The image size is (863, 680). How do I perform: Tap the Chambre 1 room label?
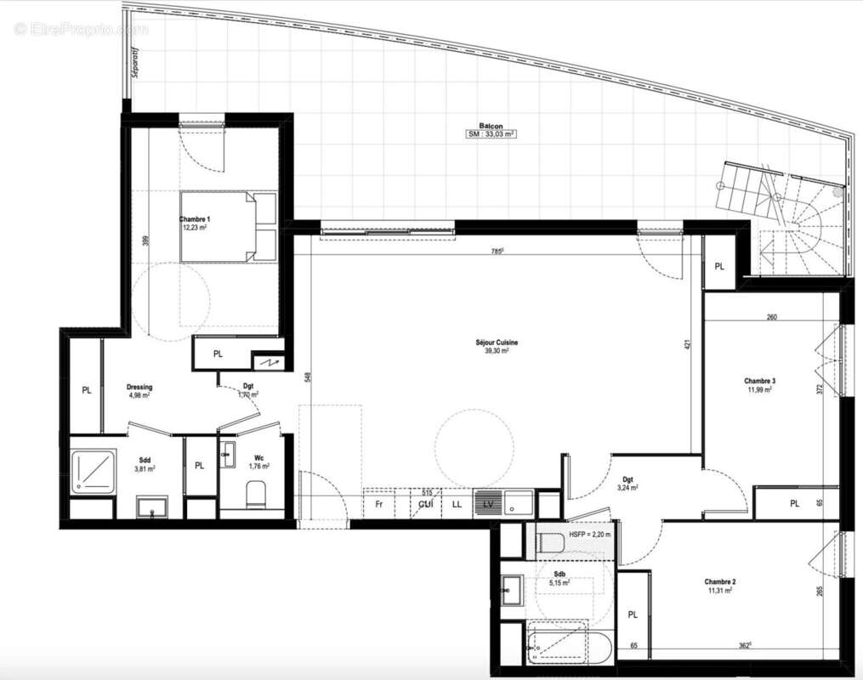(x=195, y=219)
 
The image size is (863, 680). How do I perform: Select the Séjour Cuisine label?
(x=497, y=343)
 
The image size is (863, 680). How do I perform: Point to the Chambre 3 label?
(x=759, y=381)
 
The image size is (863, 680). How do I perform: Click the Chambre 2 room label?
(x=719, y=581)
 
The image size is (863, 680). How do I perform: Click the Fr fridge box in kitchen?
(x=379, y=504)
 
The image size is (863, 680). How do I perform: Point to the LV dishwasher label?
(x=488, y=504)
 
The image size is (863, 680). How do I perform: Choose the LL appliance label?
(x=457, y=504)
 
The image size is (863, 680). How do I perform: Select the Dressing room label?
(x=139, y=387)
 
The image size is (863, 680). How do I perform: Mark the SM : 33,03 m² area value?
(x=491, y=134)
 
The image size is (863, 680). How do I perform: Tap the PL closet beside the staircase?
(x=719, y=266)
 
